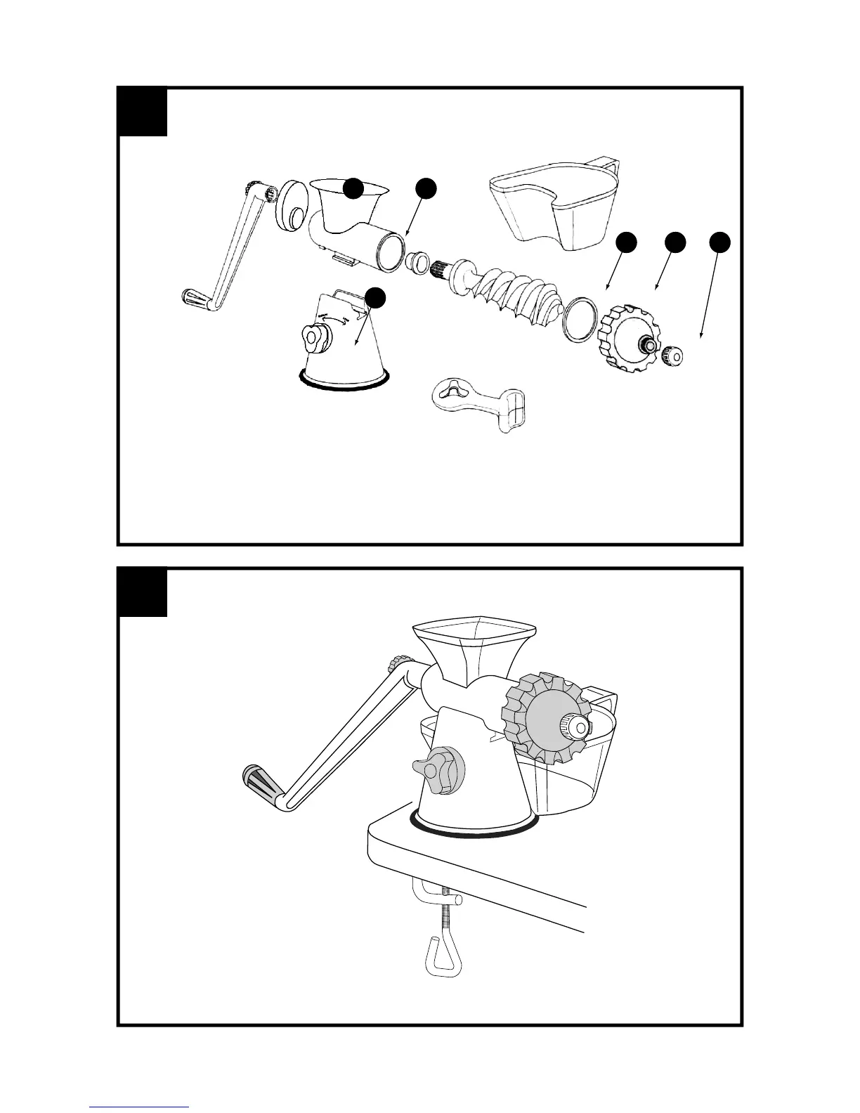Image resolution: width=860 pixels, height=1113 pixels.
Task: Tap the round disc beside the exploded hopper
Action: (x=289, y=207)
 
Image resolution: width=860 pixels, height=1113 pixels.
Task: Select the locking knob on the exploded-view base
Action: (x=315, y=339)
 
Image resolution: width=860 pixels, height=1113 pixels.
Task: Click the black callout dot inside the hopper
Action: (x=353, y=188)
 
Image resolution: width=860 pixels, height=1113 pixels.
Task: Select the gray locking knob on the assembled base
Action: (x=440, y=771)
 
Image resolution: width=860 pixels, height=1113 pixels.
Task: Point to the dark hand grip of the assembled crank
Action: (x=261, y=779)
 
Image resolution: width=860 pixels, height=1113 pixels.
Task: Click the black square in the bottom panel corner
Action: (x=143, y=592)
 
